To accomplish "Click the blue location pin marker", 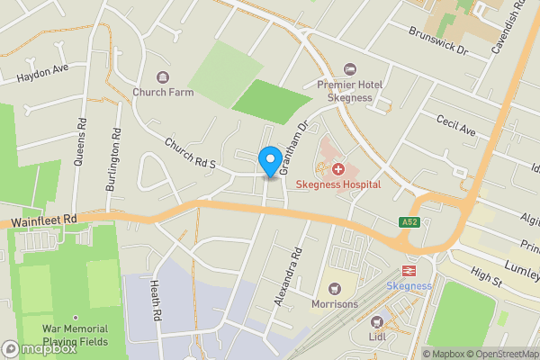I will [268, 161].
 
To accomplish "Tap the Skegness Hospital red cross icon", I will [338, 168].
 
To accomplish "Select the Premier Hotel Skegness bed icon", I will [351, 69].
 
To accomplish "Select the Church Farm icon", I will [162, 76].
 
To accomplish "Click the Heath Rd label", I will [155, 301].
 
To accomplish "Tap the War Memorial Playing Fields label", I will [76, 335].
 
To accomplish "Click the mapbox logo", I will [40, 348].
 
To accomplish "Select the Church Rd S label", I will [192, 153].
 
